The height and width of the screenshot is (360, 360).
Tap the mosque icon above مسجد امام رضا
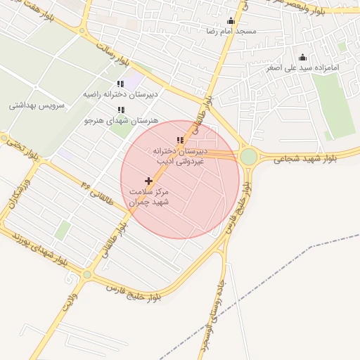231,21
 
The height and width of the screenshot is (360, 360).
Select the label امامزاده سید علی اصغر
302,68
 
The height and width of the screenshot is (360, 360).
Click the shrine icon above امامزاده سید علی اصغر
302,58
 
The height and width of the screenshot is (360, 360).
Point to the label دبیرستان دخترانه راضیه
115,94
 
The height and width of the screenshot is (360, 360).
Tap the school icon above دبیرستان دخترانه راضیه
120,84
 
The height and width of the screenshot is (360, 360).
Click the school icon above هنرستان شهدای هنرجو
121,110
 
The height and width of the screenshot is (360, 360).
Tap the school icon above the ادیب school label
181,141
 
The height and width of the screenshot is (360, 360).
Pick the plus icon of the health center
148,181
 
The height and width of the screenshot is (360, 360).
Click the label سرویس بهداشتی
37,105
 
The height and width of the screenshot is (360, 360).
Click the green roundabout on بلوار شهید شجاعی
248,156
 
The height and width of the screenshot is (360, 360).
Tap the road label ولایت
71,299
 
